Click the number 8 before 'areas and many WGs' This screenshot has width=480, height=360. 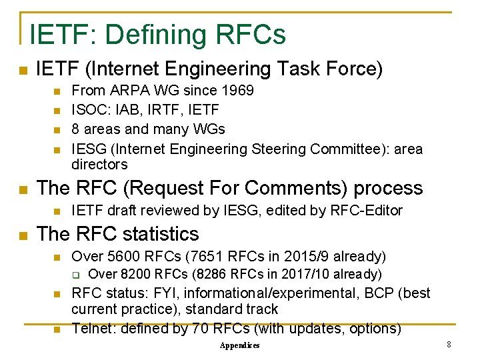click(75, 129)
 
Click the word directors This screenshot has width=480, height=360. click(99, 164)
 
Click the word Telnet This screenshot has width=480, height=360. click(91, 329)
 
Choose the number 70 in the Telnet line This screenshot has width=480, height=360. click(199, 329)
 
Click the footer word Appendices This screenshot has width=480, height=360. click(240, 345)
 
